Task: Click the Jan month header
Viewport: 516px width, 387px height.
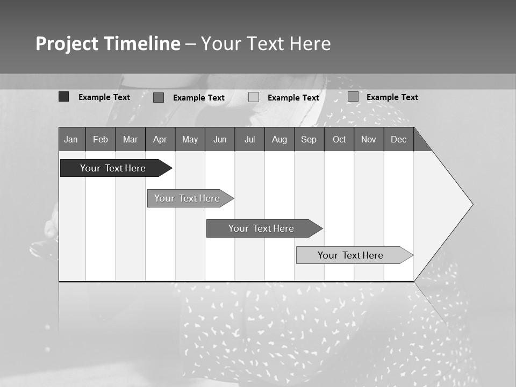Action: [x=71, y=139]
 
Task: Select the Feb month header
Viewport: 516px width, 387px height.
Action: [x=101, y=139]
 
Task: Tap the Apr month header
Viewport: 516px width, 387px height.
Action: [x=160, y=139]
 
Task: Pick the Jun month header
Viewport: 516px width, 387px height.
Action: [x=220, y=139]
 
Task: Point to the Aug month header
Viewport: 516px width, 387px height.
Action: [x=279, y=139]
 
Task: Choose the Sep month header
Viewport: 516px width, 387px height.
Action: [x=309, y=139]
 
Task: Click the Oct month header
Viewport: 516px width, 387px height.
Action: [x=339, y=139]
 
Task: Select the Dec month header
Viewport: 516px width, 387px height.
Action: [x=398, y=139]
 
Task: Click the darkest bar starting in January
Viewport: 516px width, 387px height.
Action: [x=113, y=168]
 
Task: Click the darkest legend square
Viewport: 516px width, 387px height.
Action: [x=63, y=97]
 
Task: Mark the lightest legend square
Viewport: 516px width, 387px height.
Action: [x=254, y=97]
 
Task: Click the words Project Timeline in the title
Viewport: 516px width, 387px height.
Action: [x=107, y=44]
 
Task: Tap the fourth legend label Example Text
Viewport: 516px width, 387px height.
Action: [x=392, y=97]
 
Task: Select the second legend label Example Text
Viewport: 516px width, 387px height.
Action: [x=198, y=98]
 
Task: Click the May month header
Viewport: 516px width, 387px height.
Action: [x=190, y=139]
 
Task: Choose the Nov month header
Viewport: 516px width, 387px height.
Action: [x=368, y=139]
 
